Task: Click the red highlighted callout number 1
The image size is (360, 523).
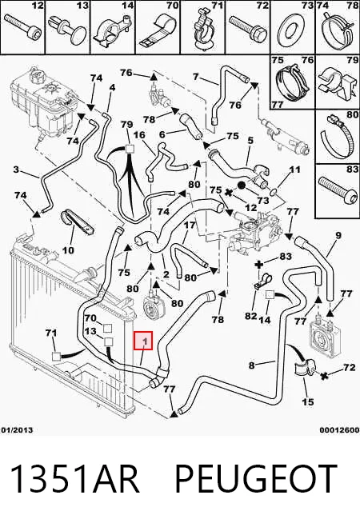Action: [x=143, y=341]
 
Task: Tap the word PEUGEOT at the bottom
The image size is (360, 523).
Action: [x=256, y=479]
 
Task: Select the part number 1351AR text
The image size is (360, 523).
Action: [x=75, y=479]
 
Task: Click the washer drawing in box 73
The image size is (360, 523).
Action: [x=291, y=30]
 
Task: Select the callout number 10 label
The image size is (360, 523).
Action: [x=68, y=250]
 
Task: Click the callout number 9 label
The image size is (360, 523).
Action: [x=338, y=235]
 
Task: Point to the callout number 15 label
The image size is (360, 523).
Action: [x=308, y=401]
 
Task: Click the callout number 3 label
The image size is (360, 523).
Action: [x=16, y=170]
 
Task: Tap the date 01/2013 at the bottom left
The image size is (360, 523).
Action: [x=17, y=430]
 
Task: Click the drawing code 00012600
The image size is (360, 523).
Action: [x=339, y=430]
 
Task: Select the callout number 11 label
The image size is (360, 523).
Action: [x=294, y=170]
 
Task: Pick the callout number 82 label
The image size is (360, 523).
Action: [x=250, y=315]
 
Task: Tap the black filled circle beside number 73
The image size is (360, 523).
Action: [x=242, y=185]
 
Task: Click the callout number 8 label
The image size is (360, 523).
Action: [x=251, y=365]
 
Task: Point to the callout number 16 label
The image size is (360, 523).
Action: [x=138, y=135]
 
